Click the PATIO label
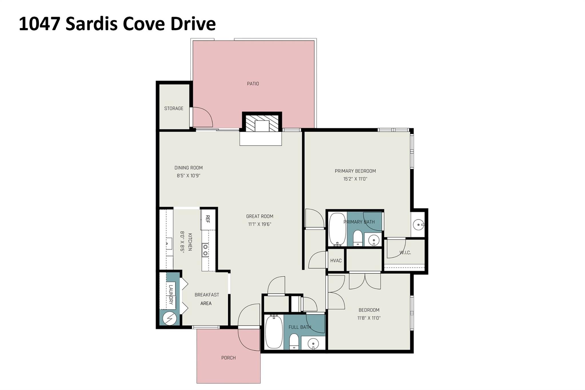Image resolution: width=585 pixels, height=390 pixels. point(253,84)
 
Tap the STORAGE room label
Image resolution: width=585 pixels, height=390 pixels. point(174,108)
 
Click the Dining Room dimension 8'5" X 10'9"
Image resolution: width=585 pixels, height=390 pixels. point(188,176)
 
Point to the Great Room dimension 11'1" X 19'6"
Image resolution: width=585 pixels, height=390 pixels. point(259,224)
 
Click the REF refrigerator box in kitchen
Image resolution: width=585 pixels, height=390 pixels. point(208,219)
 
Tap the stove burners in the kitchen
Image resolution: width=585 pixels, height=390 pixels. point(205,250)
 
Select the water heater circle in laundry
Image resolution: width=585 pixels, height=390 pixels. point(169,318)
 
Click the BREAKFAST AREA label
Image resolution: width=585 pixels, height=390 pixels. point(207,299)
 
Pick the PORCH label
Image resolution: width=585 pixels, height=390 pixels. point(228,358)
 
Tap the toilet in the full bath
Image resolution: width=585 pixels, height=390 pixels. point(294,342)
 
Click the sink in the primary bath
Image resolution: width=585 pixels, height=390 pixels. point(373,241)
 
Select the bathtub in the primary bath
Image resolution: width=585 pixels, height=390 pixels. point(337,229)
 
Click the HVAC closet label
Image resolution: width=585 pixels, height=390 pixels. point(336,261)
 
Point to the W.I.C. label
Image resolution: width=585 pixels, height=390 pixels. point(405,253)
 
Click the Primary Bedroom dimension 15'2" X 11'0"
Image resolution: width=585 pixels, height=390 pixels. point(355,179)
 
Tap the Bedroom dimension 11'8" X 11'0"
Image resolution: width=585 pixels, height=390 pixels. point(369,318)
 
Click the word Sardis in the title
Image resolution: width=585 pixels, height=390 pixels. point(91,24)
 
